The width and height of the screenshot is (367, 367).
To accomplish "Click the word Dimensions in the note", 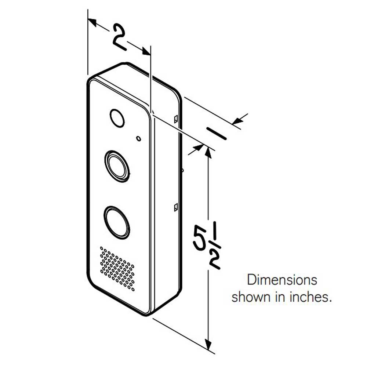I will pyautogui.click(x=282, y=280).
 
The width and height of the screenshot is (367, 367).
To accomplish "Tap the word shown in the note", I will pyautogui.click(x=250, y=297).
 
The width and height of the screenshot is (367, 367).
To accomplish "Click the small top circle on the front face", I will pyautogui.click(x=117, y=118).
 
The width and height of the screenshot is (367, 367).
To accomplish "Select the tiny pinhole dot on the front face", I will pyautogui.click(x=138, y=138).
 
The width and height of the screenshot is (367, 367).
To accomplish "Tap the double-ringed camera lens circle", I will pyautogui.click(x=117, y=166).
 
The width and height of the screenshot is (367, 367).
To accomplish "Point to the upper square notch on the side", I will pyautogui.click(x=176, y=119).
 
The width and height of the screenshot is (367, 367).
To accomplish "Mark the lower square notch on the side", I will pyautogui.click(x=176, y=207).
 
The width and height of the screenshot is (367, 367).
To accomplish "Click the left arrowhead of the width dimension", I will pyautogui.click(x=92, y=23).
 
